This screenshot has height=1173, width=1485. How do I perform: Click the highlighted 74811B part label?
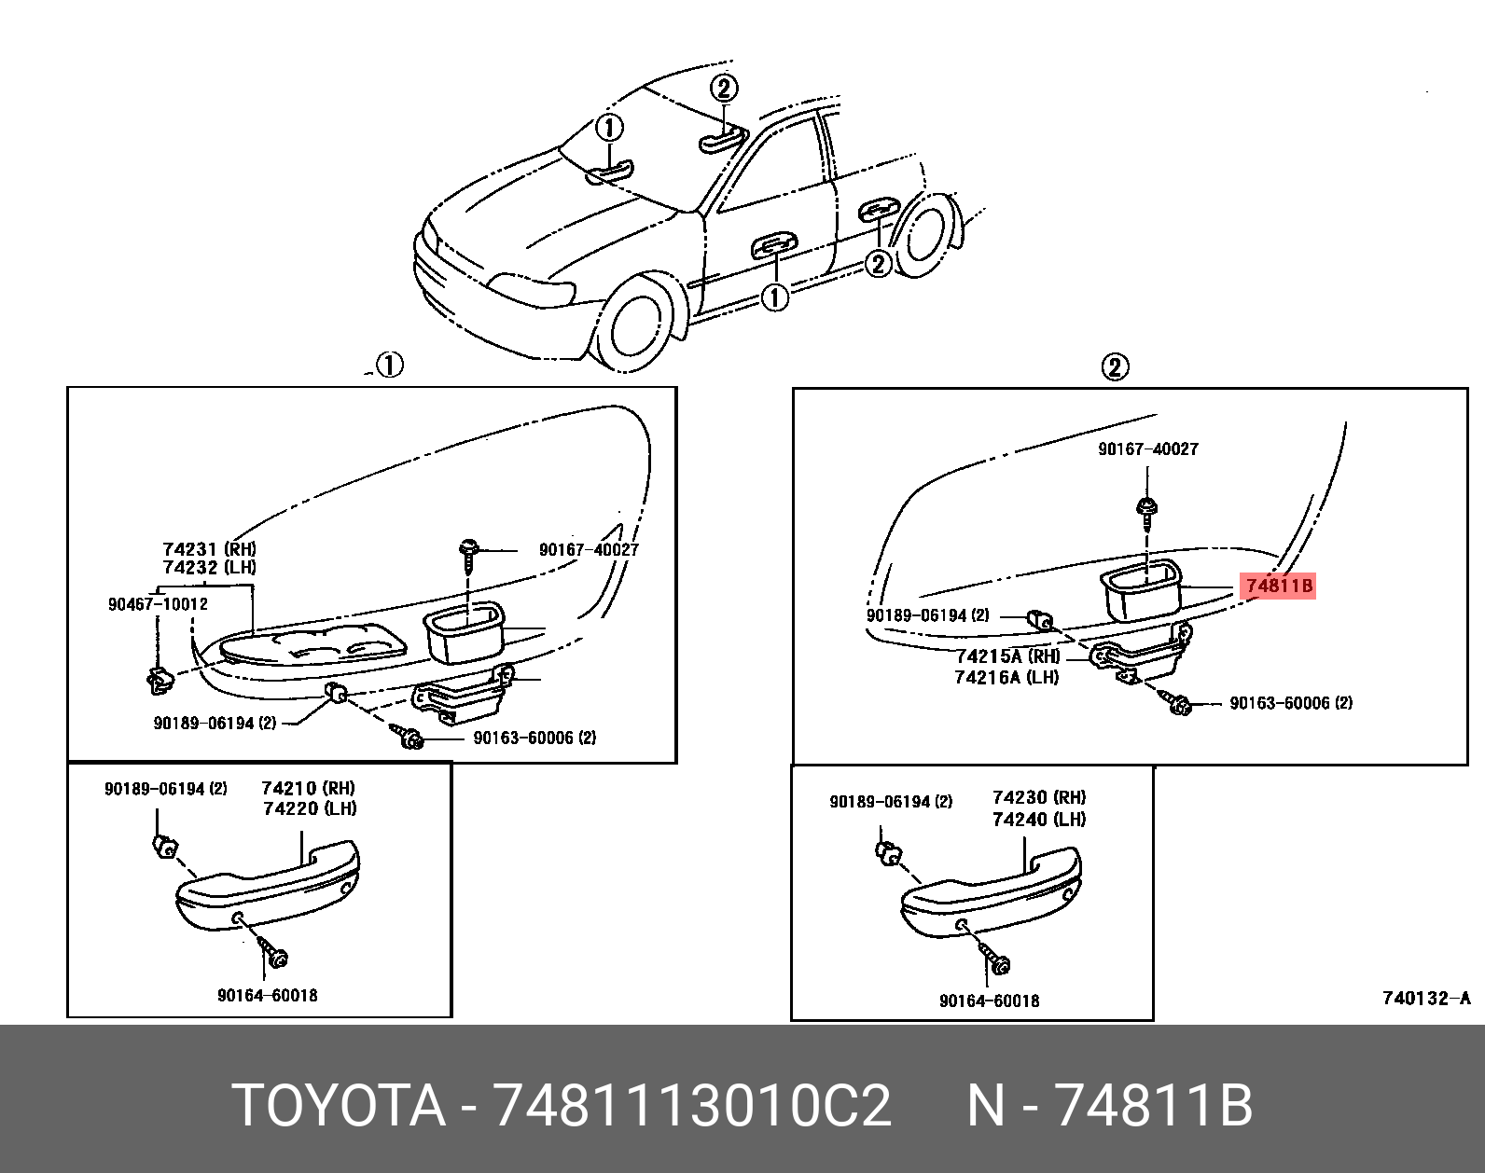(1278, 586)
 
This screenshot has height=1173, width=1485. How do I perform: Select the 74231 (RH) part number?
(209, 549)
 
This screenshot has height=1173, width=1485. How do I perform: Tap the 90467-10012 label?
(158, 604)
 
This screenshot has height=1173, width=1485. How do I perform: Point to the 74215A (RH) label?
(1007, 656)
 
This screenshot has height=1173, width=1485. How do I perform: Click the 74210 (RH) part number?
(308, 788)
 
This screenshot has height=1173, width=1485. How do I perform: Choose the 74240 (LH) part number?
(1038, 820)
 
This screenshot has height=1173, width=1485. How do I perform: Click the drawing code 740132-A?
(1425, 999)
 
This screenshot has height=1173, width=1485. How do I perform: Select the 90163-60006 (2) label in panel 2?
(1290, 703)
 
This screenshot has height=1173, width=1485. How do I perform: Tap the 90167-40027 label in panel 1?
(589, 549)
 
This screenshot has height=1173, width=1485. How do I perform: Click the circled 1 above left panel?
(389, 365)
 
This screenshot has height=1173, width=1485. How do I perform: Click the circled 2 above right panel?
(1115, 366)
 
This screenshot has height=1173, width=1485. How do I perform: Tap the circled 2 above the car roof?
(724, 89)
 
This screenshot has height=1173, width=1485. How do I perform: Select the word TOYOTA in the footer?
(339, 1106)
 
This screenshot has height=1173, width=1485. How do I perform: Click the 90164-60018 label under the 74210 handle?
(267, 995)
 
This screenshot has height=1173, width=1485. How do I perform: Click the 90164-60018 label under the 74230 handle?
(989, 1000)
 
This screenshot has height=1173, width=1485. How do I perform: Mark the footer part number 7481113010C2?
(691, 1106)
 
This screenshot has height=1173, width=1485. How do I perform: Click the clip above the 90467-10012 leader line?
(159, 679)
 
